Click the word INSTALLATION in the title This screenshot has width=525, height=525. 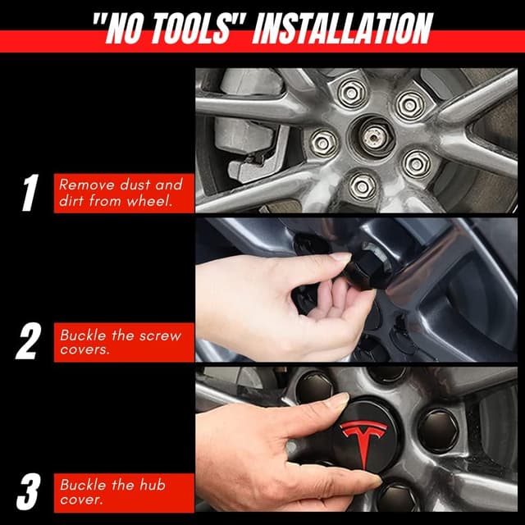(343, 29)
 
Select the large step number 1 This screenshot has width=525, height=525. (30, 193)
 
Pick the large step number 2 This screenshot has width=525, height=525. (28, 341)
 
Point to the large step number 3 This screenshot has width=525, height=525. (29, 491)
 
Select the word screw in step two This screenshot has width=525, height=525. (161, 336)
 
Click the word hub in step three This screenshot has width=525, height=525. (153, 485)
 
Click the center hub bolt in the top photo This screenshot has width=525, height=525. (375, 137)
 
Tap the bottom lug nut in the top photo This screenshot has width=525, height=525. (363, 186)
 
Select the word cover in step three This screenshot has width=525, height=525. (81, 500)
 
